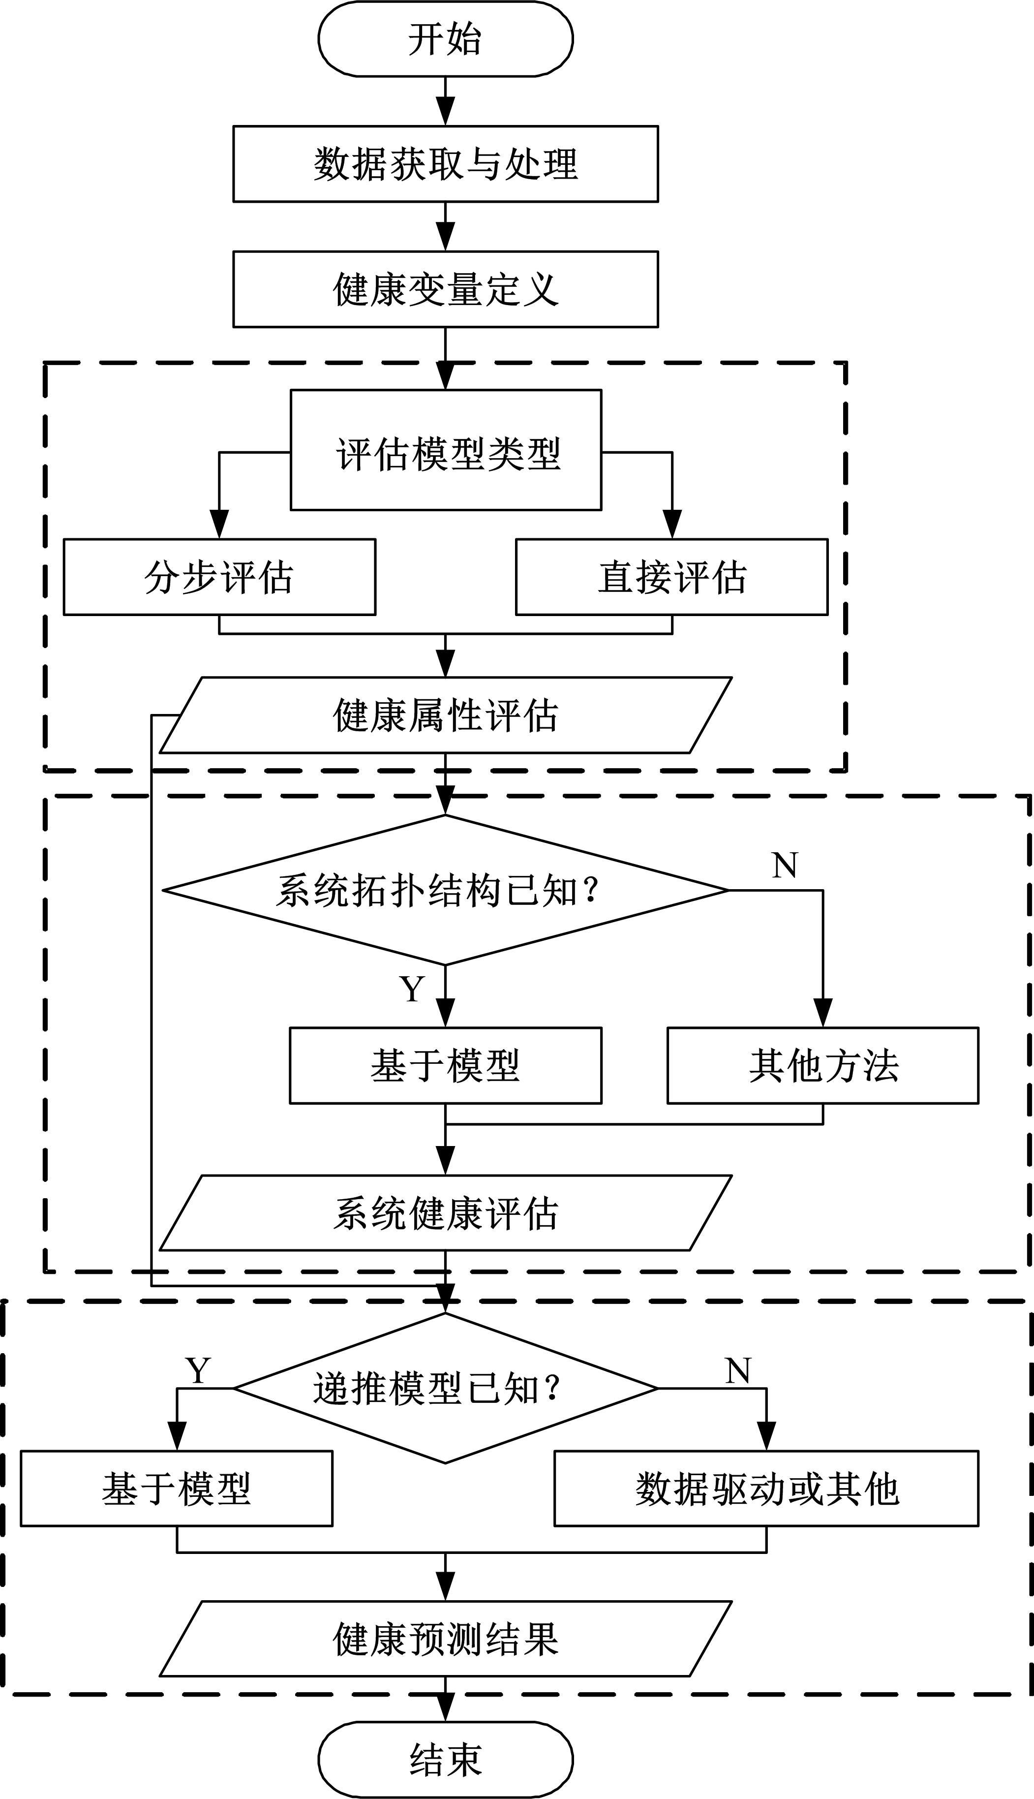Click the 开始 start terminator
445,38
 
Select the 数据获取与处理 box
445,164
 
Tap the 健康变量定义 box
445,289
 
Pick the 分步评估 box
219,577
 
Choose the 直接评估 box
672,577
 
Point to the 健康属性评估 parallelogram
445,715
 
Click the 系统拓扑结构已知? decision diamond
445,890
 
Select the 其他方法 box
823,1065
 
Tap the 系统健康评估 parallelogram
445,1213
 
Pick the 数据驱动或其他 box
766,1489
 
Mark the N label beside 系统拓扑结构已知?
785,865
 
